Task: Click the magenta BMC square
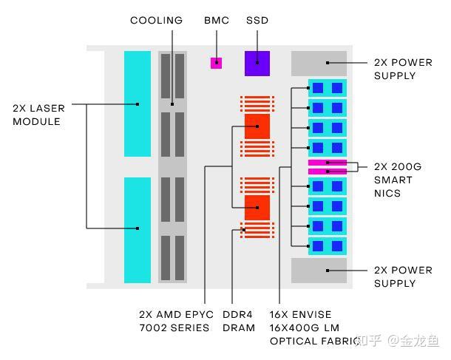216,63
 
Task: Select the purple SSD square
257,63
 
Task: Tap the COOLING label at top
156,21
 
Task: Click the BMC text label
217,21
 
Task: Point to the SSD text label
257,21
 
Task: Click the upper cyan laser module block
138,103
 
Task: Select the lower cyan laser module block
138,230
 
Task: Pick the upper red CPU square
257,126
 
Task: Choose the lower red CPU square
257,208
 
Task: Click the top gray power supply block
319,64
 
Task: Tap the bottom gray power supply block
319,271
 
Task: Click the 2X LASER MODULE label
38,115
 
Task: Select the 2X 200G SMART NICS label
398,180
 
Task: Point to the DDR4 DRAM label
239,321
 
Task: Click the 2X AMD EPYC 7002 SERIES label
174,321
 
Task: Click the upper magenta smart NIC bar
327,163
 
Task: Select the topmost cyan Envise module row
327,88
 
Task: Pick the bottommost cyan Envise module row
327,246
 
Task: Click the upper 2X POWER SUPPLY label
403,69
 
